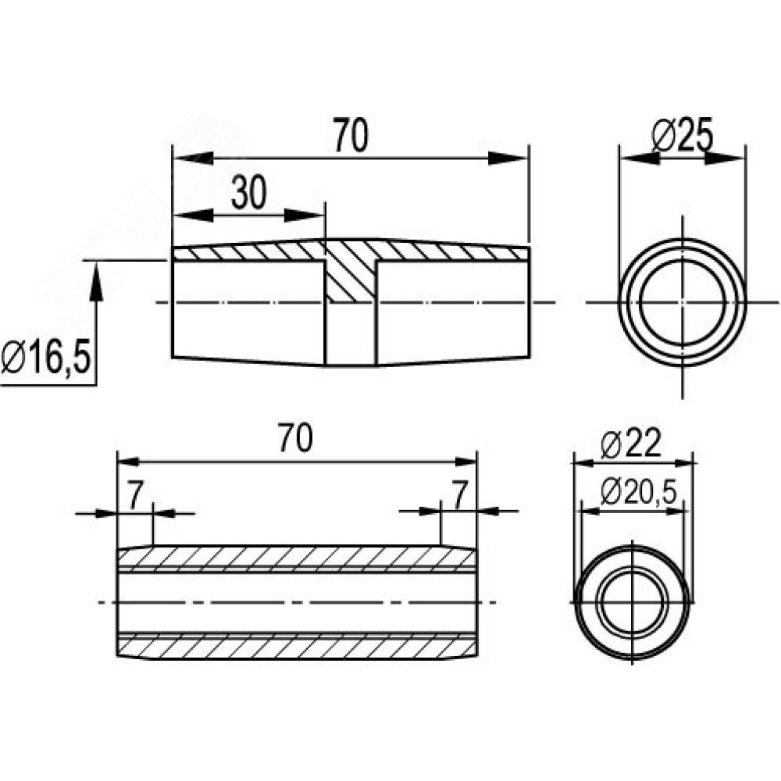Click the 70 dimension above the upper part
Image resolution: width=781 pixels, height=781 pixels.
pos(351,134)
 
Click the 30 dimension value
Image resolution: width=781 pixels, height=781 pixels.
pos(249,192)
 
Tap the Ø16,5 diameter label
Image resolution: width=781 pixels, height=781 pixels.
pos(46,357)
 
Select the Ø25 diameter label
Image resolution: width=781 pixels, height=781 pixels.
pos(683,134)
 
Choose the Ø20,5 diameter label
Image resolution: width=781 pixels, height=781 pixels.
pos(639,491)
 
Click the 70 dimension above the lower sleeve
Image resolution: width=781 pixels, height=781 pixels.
pos(295,438)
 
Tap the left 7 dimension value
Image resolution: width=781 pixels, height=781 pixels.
pos(135,496)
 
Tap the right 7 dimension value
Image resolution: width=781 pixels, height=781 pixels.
pos(459,494)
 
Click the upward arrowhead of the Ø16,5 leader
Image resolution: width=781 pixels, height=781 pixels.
pos(96,282)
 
